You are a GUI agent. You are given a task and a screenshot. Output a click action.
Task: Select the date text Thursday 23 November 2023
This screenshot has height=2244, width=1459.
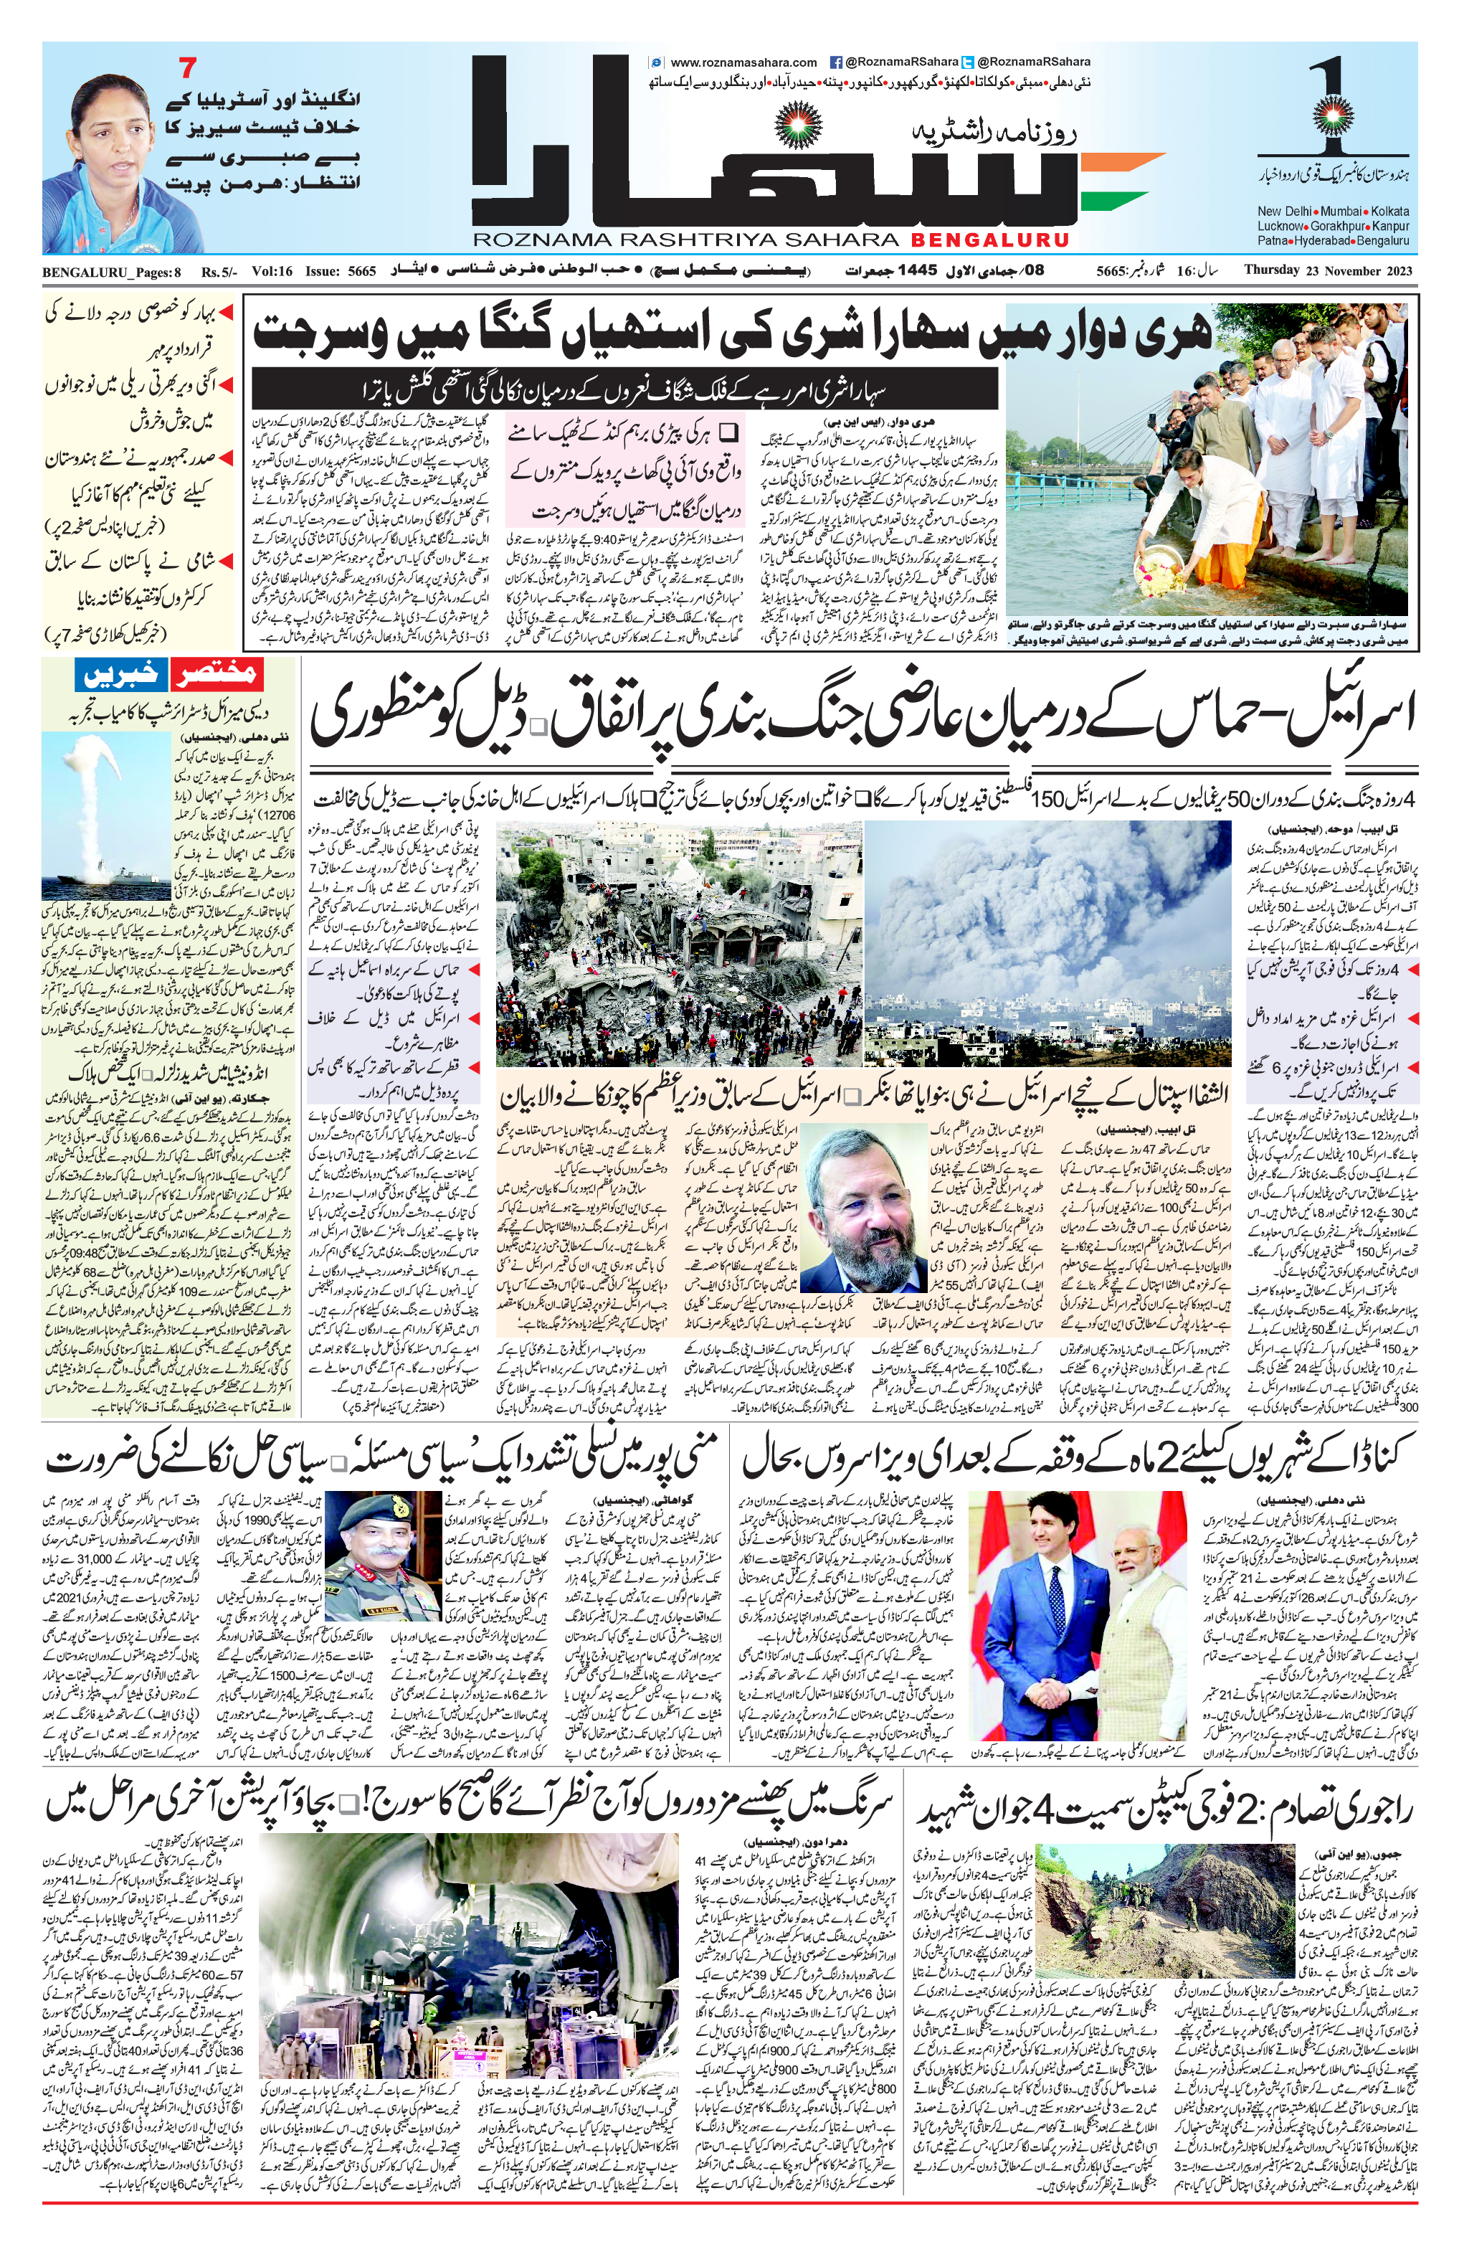click(1329, 270)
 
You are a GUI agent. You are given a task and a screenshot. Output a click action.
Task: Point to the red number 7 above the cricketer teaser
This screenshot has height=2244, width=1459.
click(188, 69)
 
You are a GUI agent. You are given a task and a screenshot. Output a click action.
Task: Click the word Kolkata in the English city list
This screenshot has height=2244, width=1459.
click(1389, 211)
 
